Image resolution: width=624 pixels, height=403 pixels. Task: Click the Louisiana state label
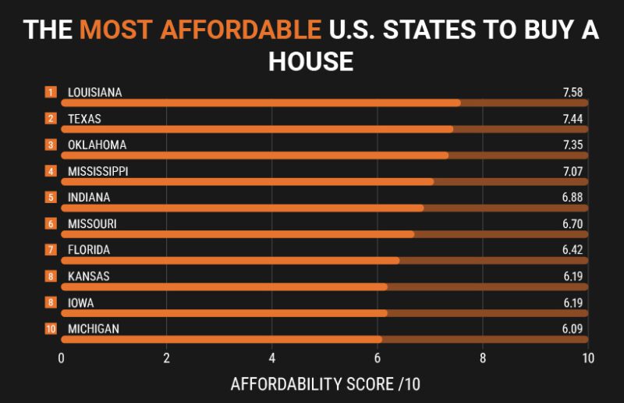[94, 92]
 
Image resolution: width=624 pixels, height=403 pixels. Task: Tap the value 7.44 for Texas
[573, 119]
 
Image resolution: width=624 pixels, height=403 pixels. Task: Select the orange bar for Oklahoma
[254, 155]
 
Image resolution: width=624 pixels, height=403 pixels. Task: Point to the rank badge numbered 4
[51, 171]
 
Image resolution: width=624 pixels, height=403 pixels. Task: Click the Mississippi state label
[97, 171]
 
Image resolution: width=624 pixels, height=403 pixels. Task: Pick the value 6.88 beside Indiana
[573, 198]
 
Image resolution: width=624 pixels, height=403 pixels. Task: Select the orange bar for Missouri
[237, 234]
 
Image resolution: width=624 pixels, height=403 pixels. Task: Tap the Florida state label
[88, 250]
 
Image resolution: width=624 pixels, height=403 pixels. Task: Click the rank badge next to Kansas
[51, 276]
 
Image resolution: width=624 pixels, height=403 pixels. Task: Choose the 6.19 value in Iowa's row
[573, 302]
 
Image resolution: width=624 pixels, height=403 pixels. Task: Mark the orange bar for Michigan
[221, 339]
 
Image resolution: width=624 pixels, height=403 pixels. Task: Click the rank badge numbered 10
[51, 329]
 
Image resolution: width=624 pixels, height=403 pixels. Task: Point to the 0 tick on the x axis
[61, 358]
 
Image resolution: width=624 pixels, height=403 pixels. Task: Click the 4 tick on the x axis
[271, 358]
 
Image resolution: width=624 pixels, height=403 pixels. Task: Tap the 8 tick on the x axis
[482, 358]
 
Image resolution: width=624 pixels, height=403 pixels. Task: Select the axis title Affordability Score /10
[325, 384]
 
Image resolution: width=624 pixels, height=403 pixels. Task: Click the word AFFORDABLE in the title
[200, 30]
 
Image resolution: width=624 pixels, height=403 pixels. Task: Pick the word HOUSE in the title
[311, 61]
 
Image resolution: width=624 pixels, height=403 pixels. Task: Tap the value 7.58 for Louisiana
[573, 92]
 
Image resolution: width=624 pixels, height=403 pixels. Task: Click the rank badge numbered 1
[51, 92]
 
